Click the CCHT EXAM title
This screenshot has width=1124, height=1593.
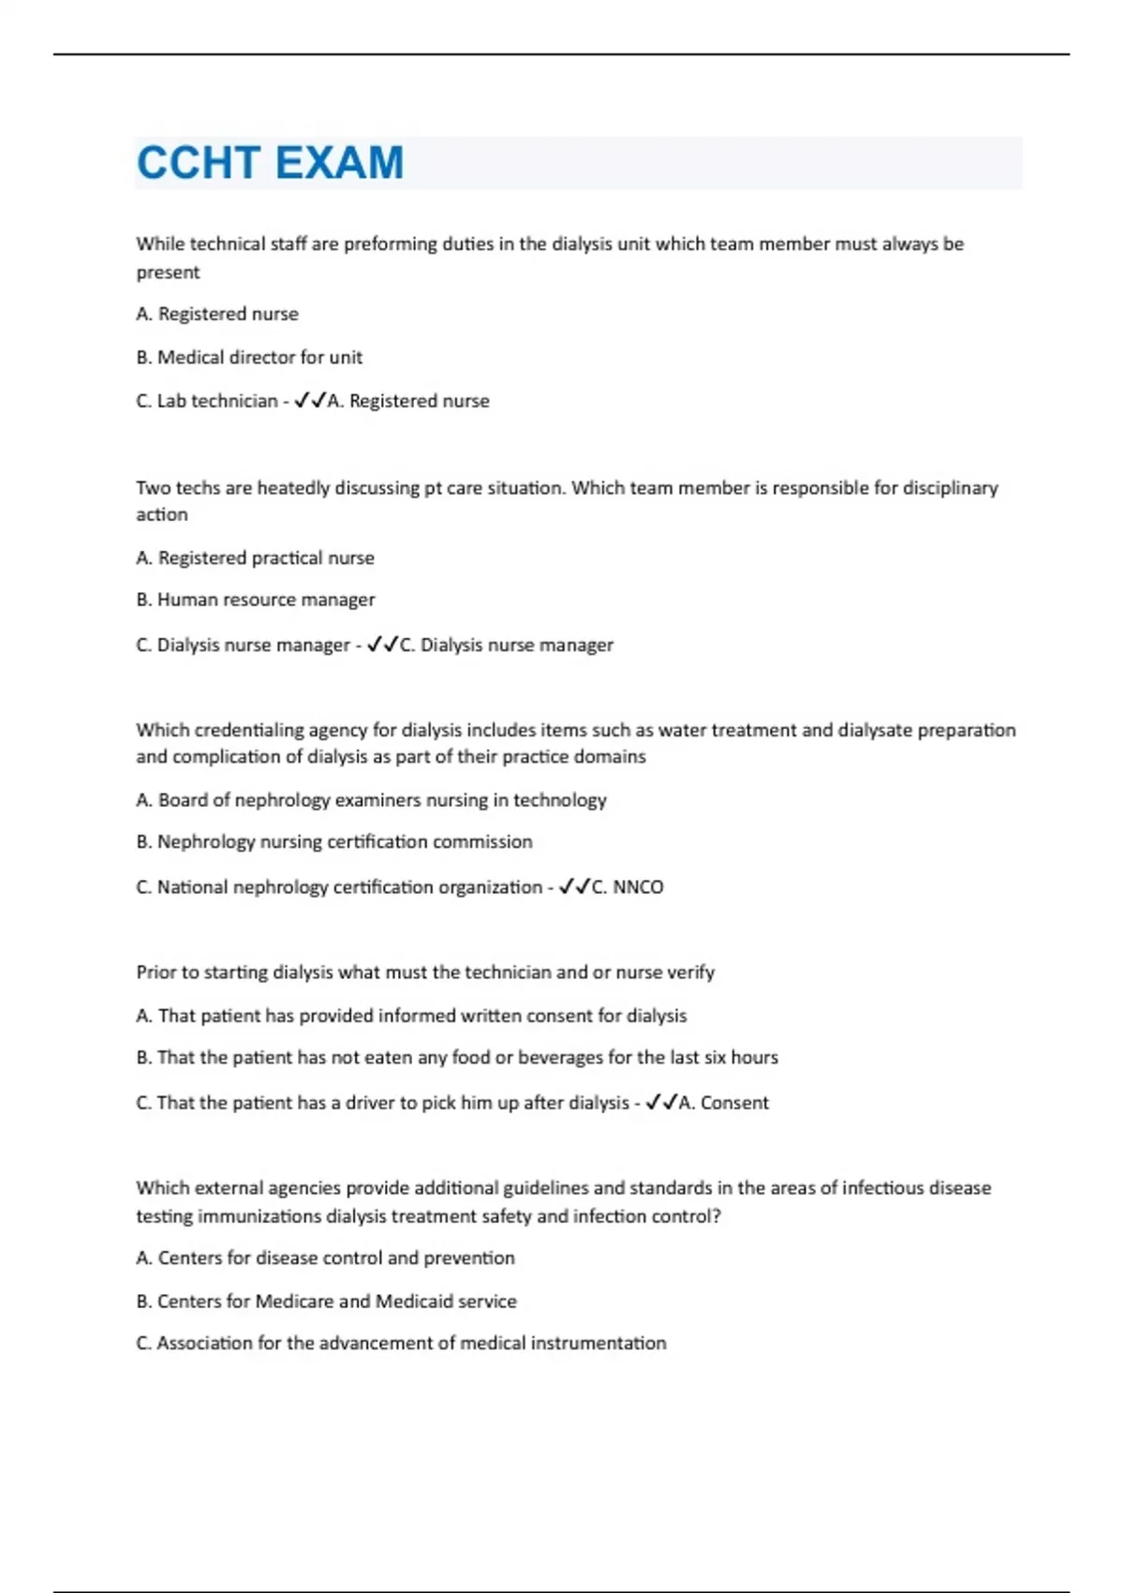[270, 163]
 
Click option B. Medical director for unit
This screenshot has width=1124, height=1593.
[249, 357]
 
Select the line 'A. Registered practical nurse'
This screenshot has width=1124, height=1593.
[255, 558]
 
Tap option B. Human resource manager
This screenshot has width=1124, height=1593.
[255, 600]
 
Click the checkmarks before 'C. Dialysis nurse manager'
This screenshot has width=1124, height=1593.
[382, 645]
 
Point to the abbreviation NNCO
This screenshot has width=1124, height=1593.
[637, 886]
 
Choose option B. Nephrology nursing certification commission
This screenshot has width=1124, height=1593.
[333, 841]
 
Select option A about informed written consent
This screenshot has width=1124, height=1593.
[410, 1016]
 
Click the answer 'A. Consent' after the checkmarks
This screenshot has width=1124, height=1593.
[723, 1103]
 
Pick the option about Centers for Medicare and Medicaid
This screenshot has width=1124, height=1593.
[326, 1301]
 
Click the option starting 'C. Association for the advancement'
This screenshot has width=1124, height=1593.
[401, 1343]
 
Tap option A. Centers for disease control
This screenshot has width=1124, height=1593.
[325, 1258]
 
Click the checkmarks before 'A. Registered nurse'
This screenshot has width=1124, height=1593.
[310, 401]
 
